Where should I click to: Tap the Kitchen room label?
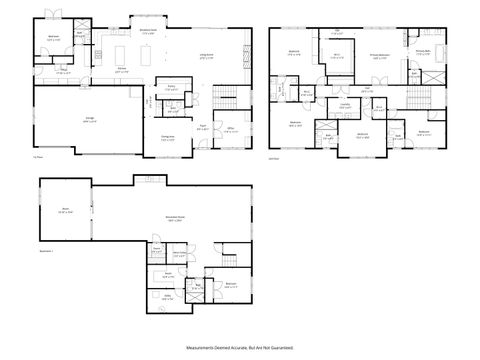tap(121, 68)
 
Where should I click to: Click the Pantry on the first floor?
tap(171, 88)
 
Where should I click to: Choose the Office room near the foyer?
tap(229, 129)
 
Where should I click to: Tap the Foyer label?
tap(201, 126)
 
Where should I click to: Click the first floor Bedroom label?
tap(52, 38)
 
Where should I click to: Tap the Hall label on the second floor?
tap(367, 89)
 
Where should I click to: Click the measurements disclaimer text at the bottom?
tap(240, 347)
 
